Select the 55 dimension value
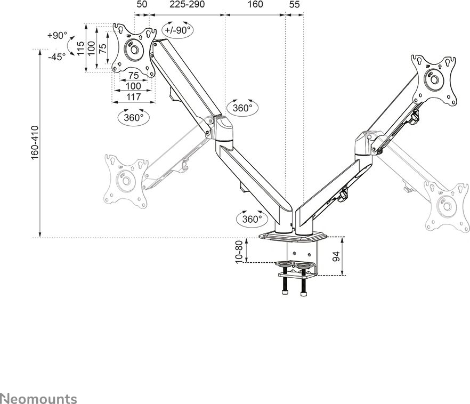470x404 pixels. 294,5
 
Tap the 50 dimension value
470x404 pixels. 141,5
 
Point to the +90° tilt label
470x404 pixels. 57,36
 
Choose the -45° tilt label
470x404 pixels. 56,56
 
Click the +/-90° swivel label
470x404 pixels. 178,30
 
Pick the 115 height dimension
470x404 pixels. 80,49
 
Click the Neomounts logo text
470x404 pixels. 38,399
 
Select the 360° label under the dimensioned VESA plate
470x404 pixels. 133,118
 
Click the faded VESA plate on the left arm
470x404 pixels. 126,181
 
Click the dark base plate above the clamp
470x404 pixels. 294,235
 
